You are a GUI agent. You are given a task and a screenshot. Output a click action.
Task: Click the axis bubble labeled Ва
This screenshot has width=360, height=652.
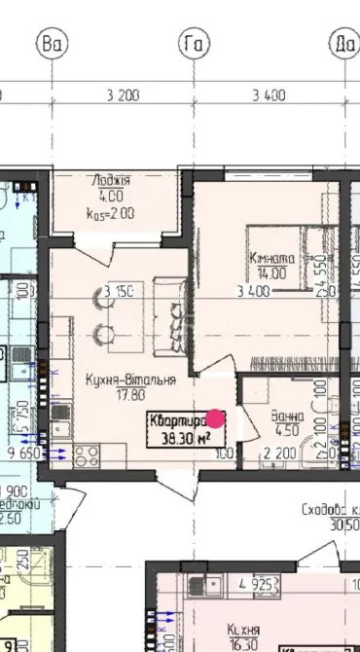(51, 43)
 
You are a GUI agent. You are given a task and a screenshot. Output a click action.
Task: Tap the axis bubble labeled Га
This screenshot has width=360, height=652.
(191, 43)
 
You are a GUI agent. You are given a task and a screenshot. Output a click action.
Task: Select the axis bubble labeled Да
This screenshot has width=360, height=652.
(343, 43)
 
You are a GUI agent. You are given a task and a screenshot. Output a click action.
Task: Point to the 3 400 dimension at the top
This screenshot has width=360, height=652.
(268, 95)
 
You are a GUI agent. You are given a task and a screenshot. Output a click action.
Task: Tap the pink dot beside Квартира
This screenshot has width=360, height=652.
(216, 418)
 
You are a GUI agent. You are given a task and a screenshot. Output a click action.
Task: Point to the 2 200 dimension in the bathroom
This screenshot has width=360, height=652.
(279, 453)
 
